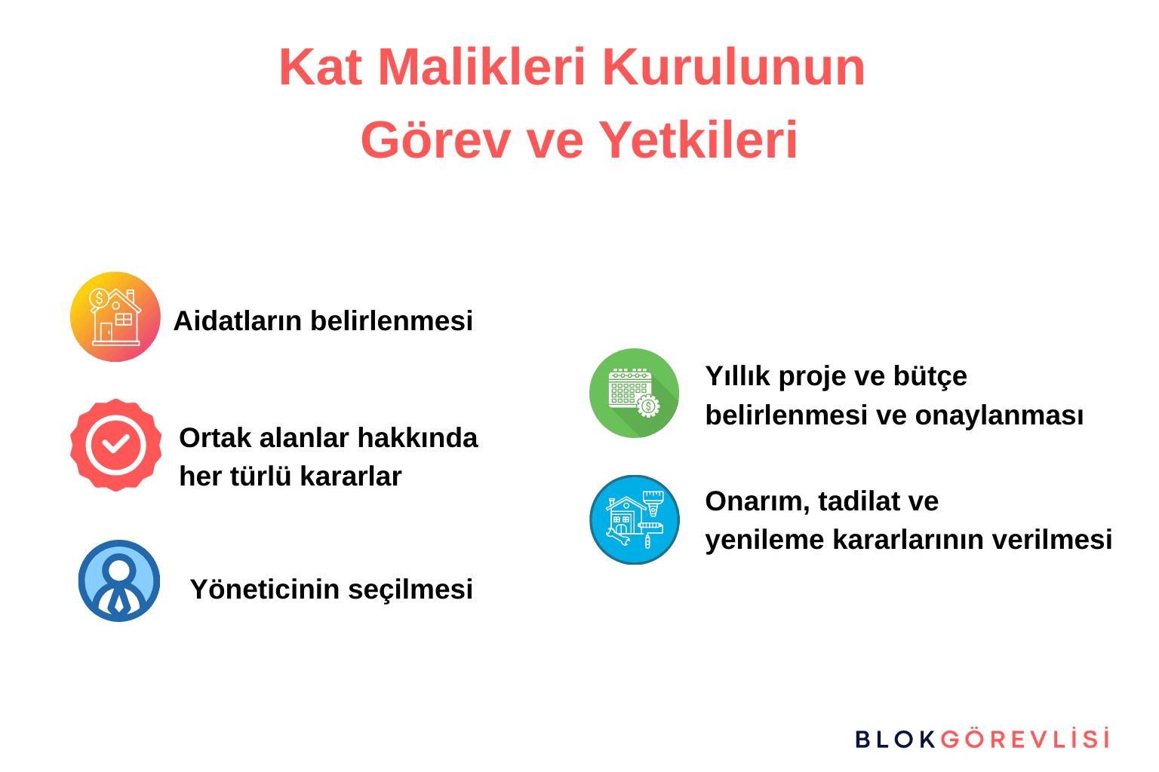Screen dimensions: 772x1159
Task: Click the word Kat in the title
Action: tap(321, 68)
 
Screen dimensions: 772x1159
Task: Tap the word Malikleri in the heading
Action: tap(481, 68)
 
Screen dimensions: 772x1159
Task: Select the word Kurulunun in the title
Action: tap(733, 68)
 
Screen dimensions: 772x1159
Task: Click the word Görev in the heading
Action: tap(435, 141)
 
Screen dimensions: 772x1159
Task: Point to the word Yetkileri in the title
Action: tap(698, 141)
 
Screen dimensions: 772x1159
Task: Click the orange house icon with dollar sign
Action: tap(115, 317)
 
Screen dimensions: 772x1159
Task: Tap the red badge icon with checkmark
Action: tap(115, 445)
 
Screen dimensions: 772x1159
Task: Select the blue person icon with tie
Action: tap(119, 581)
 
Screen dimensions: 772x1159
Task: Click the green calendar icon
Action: tap(634, 393)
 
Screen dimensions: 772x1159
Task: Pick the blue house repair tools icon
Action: tap(634, 519)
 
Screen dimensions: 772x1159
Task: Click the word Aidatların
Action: tap(238, 321)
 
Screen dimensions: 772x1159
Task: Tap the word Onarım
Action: tap(757, 501)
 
